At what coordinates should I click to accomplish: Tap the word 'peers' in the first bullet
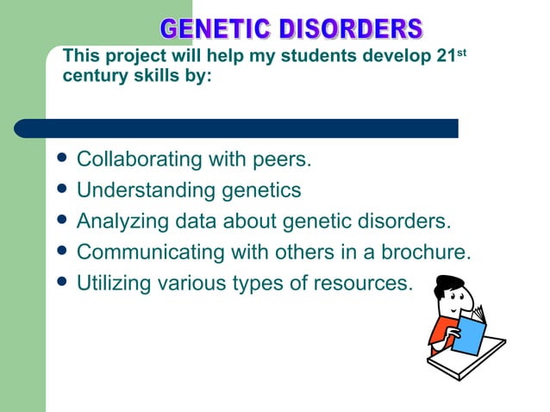pos(279,160)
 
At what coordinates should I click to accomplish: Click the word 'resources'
pos(361,282)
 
